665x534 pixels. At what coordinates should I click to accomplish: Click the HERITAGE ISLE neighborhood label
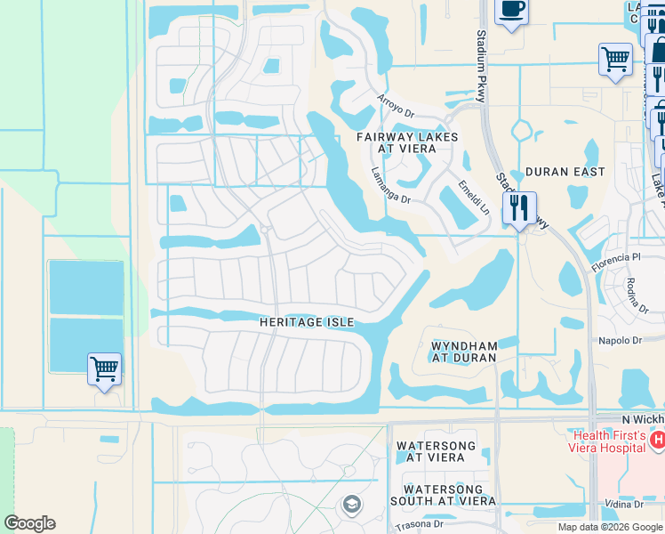click(x=307, y=321)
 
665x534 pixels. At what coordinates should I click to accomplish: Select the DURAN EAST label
click(x=565, y=172)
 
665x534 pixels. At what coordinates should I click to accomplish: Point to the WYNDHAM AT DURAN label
click(x=462, y=351)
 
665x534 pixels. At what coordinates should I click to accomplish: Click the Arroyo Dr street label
click(x=396, y=107)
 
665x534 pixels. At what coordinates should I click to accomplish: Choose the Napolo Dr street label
click(x=621, y=341)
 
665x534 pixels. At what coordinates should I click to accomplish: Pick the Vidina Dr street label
click(x=623, y=504)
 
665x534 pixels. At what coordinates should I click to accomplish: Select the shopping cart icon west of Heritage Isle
click(x=104, y=367)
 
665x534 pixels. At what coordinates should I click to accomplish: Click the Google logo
click(x=29, y=523)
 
